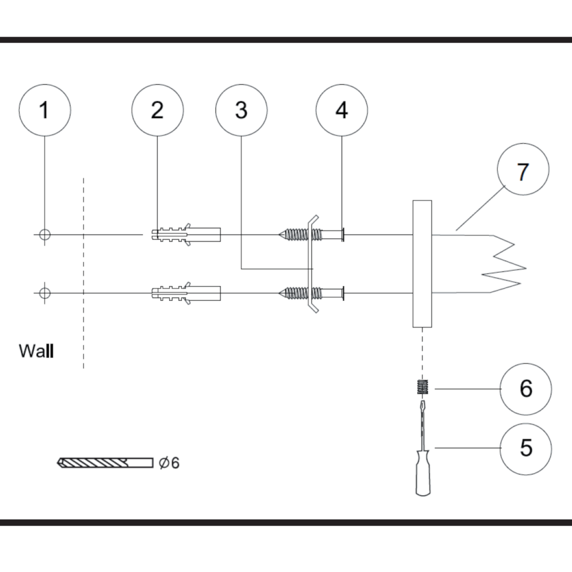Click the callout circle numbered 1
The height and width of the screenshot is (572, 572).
45,110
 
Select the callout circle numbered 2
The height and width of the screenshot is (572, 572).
157,110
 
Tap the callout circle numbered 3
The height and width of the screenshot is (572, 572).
241,110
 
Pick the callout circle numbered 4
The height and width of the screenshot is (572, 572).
342,110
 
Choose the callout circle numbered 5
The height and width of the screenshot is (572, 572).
526,448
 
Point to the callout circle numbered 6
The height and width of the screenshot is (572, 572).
526,389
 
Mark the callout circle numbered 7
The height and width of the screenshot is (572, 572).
523,169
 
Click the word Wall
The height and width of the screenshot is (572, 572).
36,351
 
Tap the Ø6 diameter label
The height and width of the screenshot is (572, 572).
169,462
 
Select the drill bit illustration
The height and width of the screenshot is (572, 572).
105,462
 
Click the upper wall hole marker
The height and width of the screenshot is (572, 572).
45,235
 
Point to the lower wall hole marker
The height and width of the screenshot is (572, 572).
45,293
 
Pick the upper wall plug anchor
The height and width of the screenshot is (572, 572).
186,235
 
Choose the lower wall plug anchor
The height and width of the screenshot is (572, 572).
186,293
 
